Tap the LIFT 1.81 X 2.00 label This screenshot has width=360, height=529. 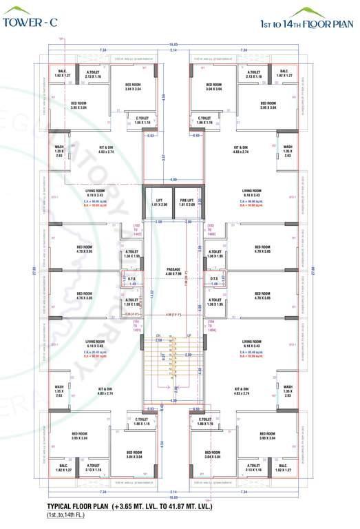coord(159,202)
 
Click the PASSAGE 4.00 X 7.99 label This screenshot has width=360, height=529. coord(173,272)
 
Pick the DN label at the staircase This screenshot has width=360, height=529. coord(158,335)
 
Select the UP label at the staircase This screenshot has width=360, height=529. coord(189,335)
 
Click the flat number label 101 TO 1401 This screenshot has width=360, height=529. coord(136,326)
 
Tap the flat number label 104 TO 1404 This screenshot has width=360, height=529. coord(211,326)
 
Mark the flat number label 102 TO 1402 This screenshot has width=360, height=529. coord(136,229)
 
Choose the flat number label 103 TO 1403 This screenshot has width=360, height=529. coord(211,229)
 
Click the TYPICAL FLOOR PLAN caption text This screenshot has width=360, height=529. coord(129,506)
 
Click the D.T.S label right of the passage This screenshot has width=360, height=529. coord(214,279)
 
